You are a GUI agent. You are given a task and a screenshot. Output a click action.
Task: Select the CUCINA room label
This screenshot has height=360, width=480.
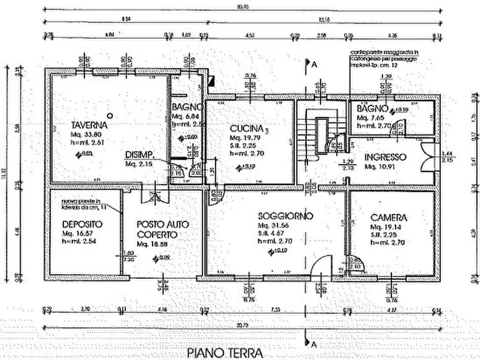tap(246, 129)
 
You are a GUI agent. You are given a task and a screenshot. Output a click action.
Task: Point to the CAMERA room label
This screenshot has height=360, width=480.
tap(389, 218)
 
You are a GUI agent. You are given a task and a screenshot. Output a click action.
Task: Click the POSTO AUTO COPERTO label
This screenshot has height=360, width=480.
tap(157, 229)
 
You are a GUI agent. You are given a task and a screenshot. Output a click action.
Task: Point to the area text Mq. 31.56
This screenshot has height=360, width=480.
tap(273, 225)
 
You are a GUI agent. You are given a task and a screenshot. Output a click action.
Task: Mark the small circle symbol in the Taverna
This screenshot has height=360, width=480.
tap(110, 114)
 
